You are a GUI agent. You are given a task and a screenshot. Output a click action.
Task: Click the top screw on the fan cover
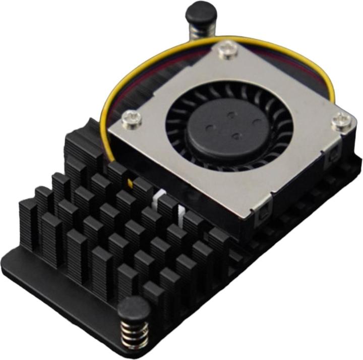point(229,50)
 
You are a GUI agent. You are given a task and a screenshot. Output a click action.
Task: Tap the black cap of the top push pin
point(201,12)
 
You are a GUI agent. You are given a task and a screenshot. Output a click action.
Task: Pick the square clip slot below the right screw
point(334,157)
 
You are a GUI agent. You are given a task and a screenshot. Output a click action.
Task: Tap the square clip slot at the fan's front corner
point(263,218)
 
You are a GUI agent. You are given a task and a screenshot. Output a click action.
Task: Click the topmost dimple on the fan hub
point(231,114)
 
